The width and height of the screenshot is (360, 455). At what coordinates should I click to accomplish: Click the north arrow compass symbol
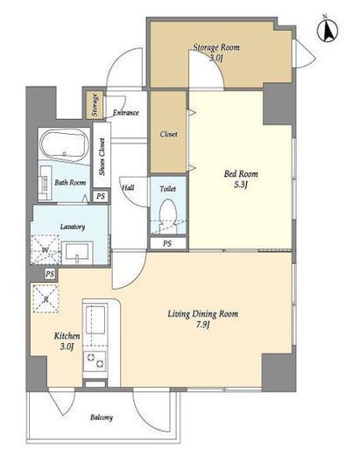click(327, 31)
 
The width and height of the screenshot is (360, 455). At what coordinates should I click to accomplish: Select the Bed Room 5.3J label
click(241, 179)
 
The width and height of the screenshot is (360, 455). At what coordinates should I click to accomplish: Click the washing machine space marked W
click(46, 249)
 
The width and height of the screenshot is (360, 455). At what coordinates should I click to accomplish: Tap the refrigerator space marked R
click(46, 298)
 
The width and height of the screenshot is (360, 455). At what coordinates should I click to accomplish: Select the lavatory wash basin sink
click(77, 253)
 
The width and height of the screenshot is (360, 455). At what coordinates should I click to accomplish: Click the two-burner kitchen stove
click(95, 361)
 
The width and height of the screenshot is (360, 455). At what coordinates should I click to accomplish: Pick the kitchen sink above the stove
click(95, 319)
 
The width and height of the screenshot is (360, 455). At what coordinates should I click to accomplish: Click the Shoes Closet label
click(102, 157)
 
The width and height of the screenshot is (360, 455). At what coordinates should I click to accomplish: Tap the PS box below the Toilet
click(167, 243)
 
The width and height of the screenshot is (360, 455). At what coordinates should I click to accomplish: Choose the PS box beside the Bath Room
click(101, 196)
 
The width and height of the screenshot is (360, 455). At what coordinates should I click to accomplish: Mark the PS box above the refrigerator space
click(50, 274)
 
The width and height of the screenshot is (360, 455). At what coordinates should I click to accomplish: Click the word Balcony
click(102, 417)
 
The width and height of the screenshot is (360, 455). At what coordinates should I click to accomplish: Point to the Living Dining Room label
click(203, 318)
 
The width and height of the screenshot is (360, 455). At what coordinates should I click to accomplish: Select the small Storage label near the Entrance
click(95, 105)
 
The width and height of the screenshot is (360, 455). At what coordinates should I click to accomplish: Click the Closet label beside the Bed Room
click(169, 134)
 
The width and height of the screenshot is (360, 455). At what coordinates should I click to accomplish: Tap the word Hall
click(128, 187)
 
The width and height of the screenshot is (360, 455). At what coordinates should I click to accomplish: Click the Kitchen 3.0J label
click(67, 341)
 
